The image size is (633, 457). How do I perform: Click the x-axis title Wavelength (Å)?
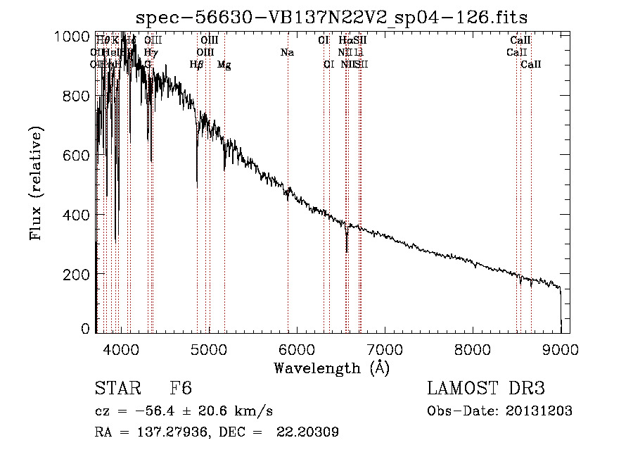tap(331, 367)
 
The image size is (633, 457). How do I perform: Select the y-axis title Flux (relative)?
tap(36, 184)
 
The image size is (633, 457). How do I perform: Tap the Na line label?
tap(287, 53)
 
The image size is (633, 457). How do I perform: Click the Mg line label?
tap(224, 65)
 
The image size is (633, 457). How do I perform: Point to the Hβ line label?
tap(197, 65)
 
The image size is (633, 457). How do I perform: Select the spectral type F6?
tap(181, 389)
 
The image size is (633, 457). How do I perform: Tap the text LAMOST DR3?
tap(486, 389)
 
